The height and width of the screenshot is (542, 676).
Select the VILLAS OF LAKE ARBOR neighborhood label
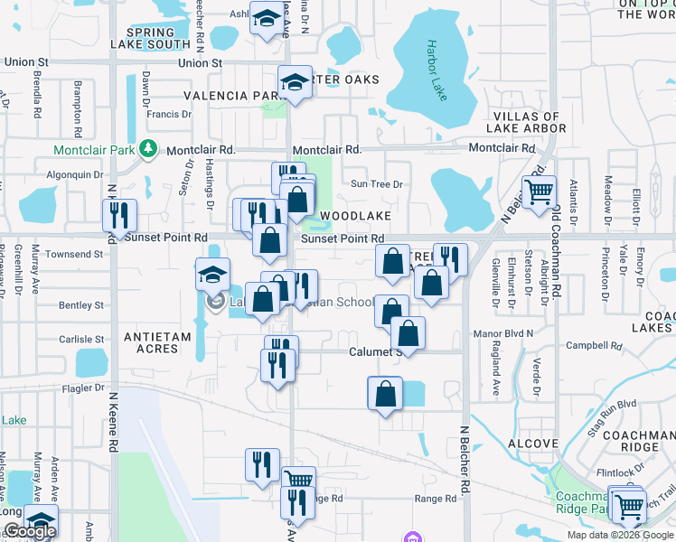[x=529, y=123]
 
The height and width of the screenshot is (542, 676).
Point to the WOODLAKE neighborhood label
[x=355, y=217]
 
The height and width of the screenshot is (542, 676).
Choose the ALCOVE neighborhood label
[x=533, y=444]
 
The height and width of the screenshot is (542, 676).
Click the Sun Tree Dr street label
[x=376, y=184]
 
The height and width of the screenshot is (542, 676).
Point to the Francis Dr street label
[x=169, y=115]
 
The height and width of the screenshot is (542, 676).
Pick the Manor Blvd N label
[x=504, y=334]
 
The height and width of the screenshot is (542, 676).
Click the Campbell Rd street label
[x=590, y=346]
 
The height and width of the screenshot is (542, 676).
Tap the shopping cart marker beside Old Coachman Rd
[x=539, y=192]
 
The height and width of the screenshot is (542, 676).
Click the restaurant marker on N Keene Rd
[x=119, y=215]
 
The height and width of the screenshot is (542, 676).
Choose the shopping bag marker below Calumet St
[x=385, y=394]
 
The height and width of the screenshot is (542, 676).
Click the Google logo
[x=30, y=532]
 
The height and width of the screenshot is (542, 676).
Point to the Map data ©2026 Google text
[x=619, y=535]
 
